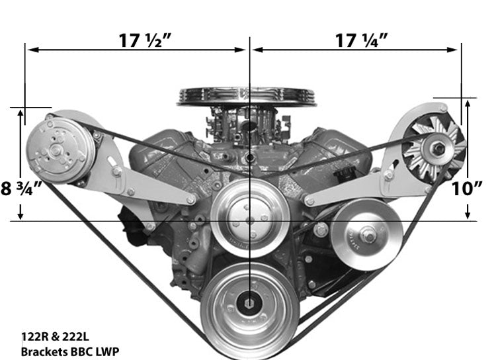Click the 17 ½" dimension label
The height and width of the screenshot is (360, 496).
145,40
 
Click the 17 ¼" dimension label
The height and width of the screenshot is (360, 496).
361,40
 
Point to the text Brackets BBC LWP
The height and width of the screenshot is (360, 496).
70,351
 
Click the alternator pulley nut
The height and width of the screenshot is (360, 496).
438,150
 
